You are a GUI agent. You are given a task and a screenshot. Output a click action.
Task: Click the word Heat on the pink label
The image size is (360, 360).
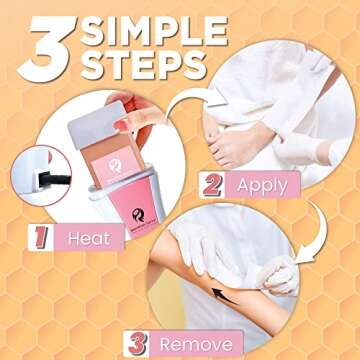tap(88, 238)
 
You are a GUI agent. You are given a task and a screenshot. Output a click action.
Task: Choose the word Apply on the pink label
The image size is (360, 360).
tap(263, 184)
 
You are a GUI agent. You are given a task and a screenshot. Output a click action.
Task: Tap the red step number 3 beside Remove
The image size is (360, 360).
tap(137, 343)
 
